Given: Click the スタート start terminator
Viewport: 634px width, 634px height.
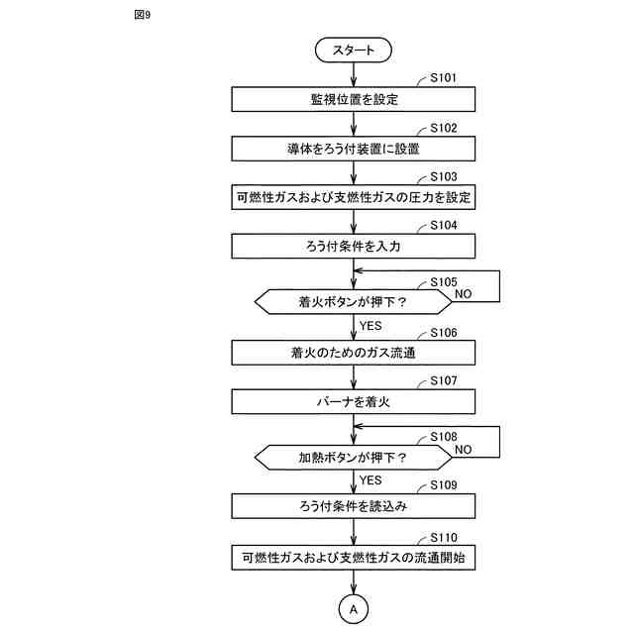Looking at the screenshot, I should coord(353,49).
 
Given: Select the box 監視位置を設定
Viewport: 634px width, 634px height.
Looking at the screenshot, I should coord(353,99).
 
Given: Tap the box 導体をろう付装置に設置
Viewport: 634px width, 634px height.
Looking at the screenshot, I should coord(353,149).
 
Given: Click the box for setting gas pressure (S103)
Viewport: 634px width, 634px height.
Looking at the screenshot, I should coord(353,197).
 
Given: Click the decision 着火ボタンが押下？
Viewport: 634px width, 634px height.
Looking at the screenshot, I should coord(353,300).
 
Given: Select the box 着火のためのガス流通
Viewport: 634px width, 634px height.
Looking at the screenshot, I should coord(353,352).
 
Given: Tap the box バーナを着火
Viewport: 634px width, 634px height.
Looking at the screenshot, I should coord(353,401).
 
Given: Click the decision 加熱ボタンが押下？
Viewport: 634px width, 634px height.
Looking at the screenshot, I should coord(353,458).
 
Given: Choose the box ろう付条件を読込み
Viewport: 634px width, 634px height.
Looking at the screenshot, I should coord(353,506).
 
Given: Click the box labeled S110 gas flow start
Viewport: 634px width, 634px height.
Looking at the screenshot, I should coord(353,558).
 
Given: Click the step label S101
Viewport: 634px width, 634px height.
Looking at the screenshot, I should coord(444,77).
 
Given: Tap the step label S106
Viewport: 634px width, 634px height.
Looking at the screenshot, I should coord(444,332).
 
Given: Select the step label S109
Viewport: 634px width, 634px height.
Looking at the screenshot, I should coord(444,485).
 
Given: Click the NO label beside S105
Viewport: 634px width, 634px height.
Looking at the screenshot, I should coord(464,294).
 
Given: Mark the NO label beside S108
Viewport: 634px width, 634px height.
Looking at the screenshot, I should coord(464,449).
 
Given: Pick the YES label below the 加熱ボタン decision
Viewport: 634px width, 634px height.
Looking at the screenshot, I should coord(370,480).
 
